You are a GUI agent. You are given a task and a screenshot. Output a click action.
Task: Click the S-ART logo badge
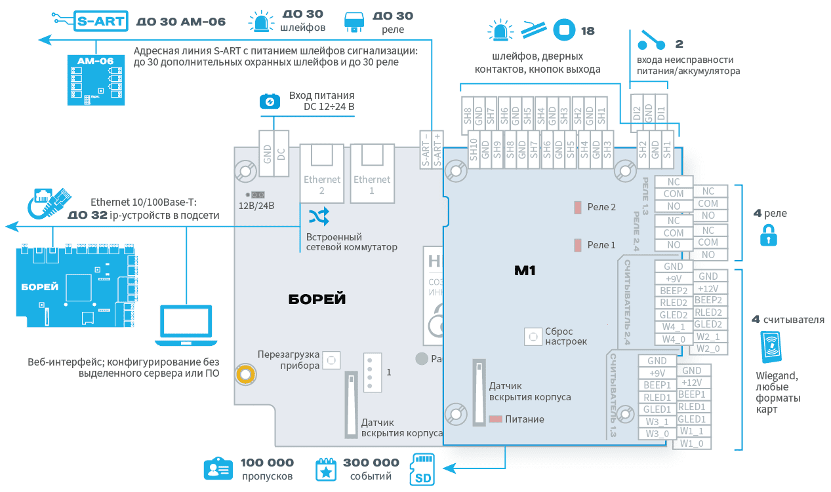(100, 21)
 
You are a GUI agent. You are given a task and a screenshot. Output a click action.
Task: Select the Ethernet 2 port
(322, 174)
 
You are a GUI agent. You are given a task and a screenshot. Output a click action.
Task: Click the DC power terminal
(281, 155)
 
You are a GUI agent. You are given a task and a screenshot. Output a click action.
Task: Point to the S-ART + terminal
(437, 149)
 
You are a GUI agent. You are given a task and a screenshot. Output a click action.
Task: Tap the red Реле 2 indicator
(578, 207)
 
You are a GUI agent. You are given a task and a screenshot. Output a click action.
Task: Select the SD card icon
(424, 470)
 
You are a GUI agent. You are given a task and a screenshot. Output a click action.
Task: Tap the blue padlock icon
(768, 235)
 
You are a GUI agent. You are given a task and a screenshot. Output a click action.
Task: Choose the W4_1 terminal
(673, 328)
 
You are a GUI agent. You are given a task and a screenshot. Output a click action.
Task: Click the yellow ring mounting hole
(247, 374)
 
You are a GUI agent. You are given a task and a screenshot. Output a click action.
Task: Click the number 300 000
(371, 463)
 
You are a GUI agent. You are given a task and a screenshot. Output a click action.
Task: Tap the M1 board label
(525, 269)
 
